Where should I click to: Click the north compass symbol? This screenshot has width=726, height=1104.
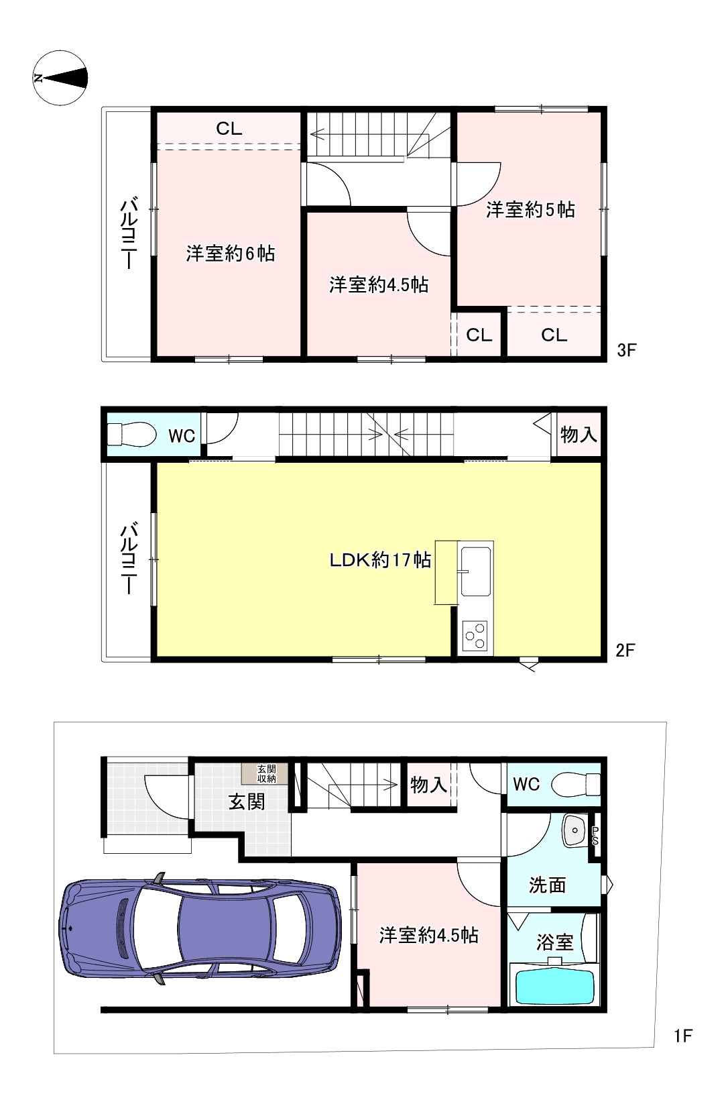click(x=60, y=78)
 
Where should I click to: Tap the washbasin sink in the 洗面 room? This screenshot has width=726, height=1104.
click(x=574, y=831)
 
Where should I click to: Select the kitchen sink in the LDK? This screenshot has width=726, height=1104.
click(x=475, y=571)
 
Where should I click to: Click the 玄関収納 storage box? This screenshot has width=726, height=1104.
click(x=266, y=774)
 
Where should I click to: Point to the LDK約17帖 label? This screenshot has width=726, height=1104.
click(x=380, y=560)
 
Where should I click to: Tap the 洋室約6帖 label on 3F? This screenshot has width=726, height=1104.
click(x=231, y=254)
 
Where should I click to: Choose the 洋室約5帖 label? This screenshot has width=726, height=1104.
click(x=530, y=209)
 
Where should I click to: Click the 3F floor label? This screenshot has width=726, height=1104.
click(x=627, y=350)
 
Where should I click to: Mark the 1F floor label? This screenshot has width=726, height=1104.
click(x=683, y=1036)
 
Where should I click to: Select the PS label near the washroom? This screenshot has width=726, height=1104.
click(x=595, y=836)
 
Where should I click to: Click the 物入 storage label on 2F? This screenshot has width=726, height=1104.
click(x=579, y=435)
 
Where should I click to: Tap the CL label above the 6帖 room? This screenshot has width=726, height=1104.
click(x=229, y=129)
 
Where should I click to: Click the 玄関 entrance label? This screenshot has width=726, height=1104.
click(x=247, y=802)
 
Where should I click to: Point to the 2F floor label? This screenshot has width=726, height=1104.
click(x=625, y=650)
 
